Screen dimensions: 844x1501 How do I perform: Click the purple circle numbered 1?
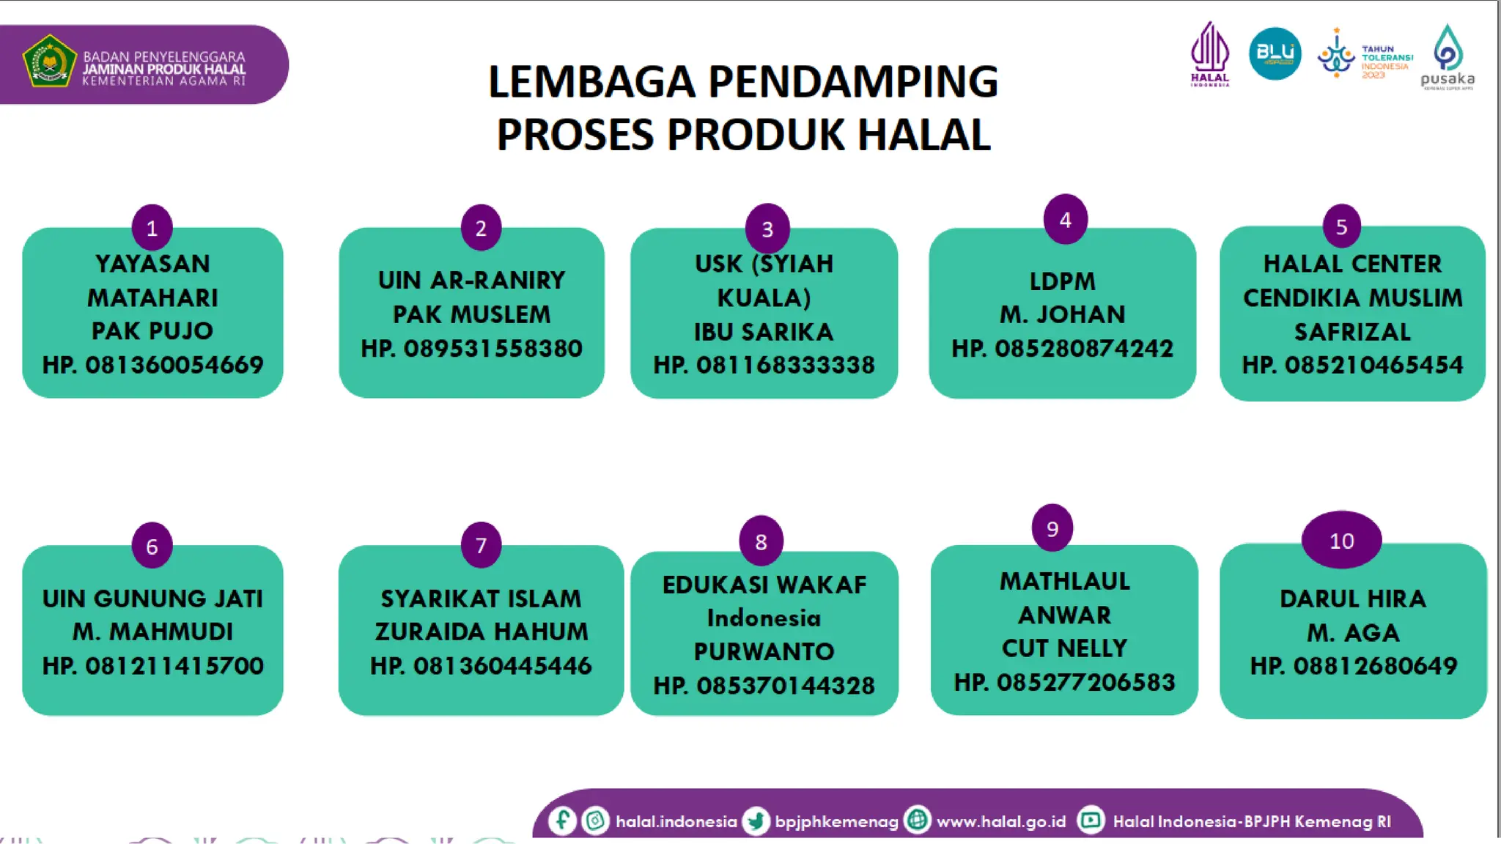152,228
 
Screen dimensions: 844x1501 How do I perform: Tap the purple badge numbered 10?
1341,541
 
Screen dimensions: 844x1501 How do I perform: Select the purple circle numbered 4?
1065,219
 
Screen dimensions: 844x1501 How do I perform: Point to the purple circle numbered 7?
481,545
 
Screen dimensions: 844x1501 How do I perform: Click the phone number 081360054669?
174,365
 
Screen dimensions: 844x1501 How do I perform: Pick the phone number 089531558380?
493,348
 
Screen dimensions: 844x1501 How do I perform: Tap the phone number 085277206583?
1085,682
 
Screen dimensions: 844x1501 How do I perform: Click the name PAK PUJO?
152,331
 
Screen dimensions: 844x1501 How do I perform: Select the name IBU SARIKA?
764,332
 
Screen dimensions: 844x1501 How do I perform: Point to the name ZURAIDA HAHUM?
482,632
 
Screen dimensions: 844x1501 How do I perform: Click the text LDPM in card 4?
1062,281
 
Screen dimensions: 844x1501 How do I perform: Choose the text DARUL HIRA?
1353,599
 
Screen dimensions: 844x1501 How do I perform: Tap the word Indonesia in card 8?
764,618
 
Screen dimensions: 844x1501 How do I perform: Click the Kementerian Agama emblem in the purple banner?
49,62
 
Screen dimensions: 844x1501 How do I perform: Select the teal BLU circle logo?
1275,53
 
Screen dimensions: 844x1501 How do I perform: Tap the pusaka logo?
1447,57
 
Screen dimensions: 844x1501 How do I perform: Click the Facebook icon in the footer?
562,820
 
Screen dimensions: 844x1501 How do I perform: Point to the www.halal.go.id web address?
1001,821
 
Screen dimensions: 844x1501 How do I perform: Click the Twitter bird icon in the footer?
755,821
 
